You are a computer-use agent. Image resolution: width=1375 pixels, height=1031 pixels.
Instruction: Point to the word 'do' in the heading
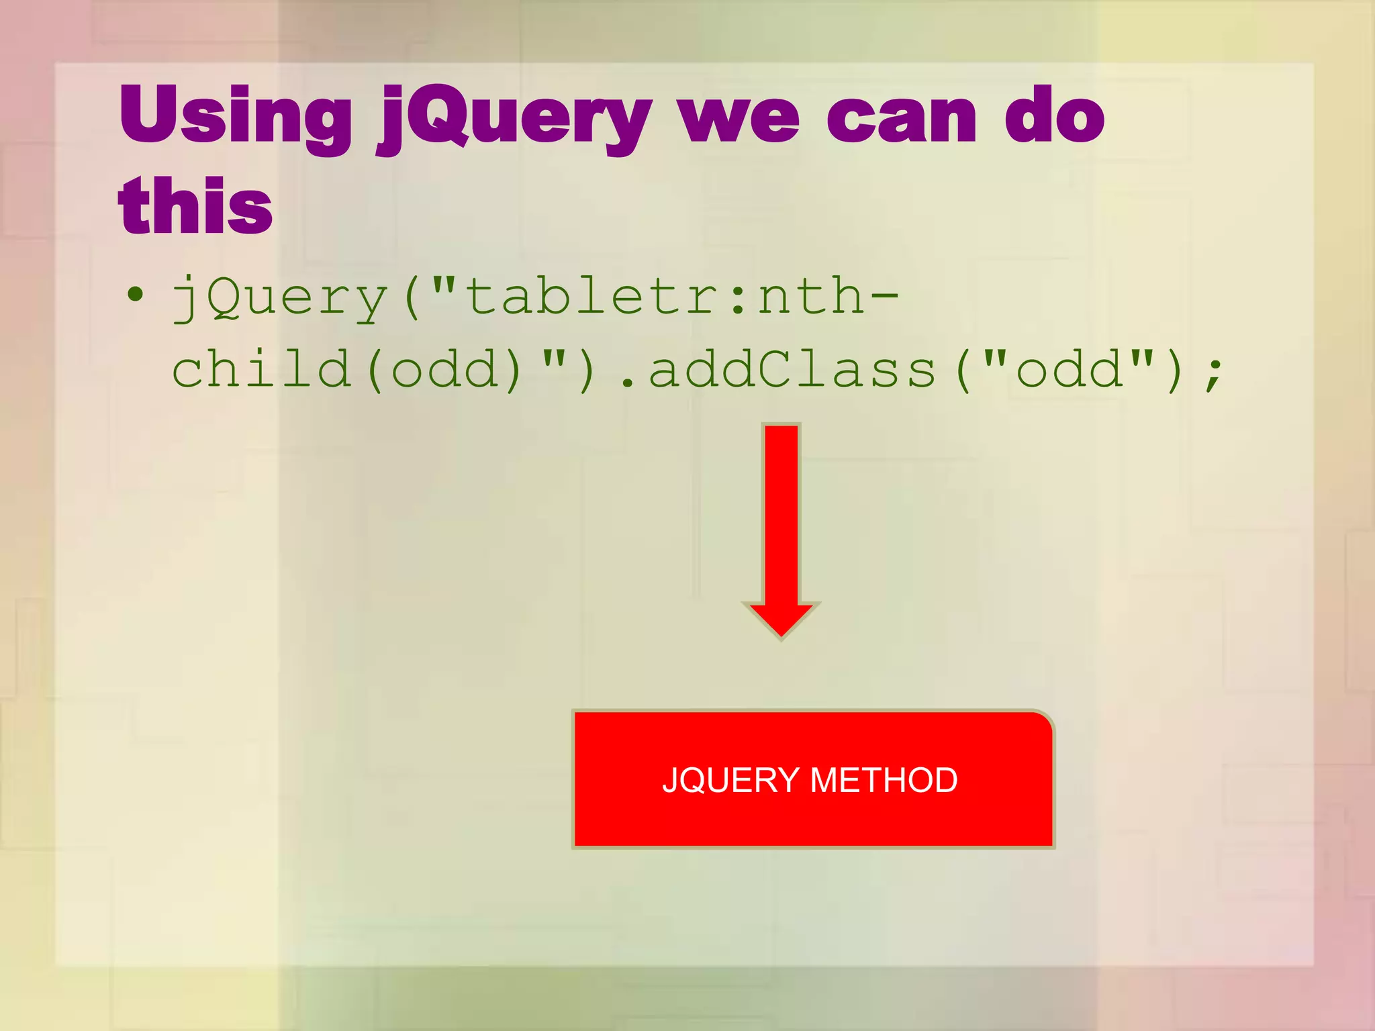click(x=1054, y=115)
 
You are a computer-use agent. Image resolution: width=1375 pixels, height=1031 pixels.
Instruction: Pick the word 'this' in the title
click(x=195, y=205)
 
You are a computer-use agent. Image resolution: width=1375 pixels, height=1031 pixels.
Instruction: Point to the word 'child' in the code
click(x=262, y=369)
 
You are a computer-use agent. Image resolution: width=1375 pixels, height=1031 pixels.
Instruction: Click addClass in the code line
click(x=792, y=370)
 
